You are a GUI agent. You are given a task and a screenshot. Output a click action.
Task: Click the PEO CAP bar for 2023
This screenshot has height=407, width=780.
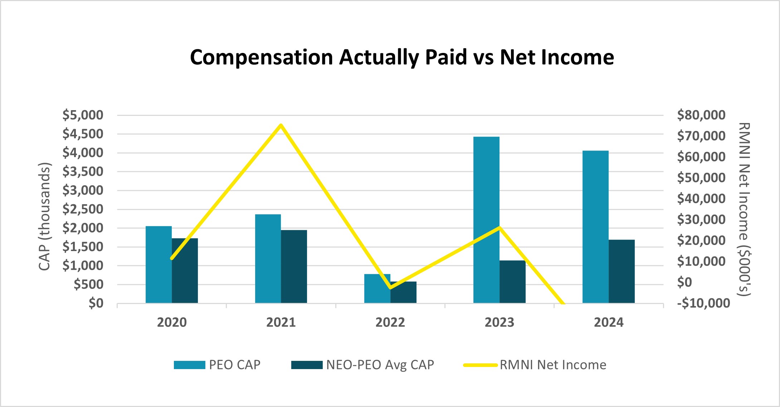tap(486, 220)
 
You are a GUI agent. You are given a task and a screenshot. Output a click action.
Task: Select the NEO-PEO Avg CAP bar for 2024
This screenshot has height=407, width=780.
tap(621, 271)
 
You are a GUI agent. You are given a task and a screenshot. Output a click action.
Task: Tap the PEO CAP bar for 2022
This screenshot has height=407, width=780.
tap(377, 289)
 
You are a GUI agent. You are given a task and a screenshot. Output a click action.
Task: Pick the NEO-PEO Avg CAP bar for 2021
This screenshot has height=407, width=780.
tap(294, 266)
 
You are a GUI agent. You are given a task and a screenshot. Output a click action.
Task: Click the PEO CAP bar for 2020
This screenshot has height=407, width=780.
tap(159, 265)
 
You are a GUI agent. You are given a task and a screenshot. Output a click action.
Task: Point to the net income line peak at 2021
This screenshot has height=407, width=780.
tap(281, 125)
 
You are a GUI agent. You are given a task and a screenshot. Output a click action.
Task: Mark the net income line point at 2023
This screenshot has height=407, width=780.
tap(499, 227)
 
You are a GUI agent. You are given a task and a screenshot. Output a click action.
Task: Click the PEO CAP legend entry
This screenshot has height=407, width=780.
tap(217, 365)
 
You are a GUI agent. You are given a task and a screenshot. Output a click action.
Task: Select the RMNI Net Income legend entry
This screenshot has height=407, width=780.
tap(535, 365)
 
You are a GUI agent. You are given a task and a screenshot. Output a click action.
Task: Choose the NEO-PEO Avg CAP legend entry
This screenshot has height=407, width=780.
tap(362, 365)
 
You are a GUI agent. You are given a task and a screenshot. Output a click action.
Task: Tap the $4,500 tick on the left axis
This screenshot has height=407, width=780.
tap(83, 134)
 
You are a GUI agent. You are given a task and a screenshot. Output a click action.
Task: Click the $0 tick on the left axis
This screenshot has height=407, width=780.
tap(96, 303)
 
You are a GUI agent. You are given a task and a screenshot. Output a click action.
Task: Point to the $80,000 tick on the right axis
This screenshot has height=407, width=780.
tap(701, 115)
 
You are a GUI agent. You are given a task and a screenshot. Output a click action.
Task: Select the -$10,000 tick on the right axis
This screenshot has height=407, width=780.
tap(703, 303)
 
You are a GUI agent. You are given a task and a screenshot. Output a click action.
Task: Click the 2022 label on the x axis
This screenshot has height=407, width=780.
tap(390, 323)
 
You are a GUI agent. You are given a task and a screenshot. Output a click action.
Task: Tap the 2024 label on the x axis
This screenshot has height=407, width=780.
tap(608, 323)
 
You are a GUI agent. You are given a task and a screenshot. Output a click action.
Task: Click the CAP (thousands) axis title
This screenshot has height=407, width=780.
tap(45, 216)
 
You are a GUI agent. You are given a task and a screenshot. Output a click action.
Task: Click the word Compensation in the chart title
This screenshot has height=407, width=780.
tap(261, 57)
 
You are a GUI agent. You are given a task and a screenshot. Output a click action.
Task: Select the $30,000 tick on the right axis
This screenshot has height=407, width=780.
tap(701, 220)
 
